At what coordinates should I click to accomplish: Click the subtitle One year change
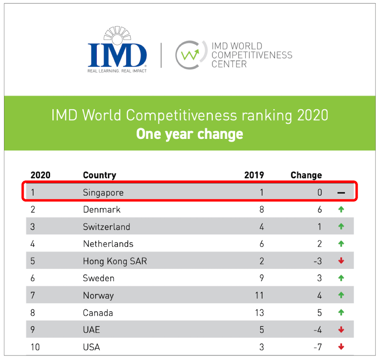189,134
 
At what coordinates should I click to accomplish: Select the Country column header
99,175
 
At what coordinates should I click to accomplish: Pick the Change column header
306,175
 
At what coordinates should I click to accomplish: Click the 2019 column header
254,175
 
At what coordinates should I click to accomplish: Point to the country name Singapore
103,192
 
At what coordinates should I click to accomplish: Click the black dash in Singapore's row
341,193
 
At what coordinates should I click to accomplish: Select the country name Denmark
102,209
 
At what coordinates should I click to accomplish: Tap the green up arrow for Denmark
341,209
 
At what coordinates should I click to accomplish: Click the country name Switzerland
106,227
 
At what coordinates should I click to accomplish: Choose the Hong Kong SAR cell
115,261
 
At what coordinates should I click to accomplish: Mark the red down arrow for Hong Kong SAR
341,261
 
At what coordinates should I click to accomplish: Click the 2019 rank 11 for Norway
259,295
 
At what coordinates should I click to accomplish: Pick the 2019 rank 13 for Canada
259,313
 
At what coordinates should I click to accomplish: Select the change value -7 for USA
318,347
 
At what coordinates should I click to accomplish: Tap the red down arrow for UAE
341,330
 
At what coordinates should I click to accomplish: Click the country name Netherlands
108,244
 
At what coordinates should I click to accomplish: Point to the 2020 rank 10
35,347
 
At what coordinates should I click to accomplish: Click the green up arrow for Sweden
341,278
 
